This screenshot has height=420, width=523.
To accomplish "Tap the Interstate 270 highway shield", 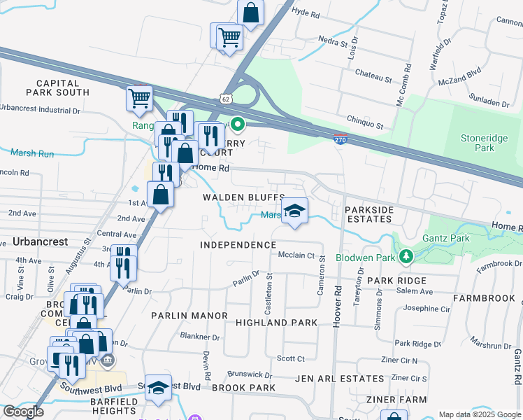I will pos(340,140).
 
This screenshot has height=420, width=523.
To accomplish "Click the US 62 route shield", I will pos(225,99).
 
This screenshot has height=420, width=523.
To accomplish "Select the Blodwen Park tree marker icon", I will pos(405,257).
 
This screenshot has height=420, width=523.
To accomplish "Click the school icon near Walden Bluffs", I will pos(295,211).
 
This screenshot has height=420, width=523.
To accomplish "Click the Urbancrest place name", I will pos(40,241).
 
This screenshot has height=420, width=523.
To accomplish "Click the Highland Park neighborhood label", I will pos(276,323).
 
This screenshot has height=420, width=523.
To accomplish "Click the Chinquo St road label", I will pos(365,126).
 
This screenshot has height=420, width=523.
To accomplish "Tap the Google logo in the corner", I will pos(23,412).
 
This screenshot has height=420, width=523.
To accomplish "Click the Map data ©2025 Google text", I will pos(479,414).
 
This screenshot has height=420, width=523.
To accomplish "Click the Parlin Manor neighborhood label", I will pos(189,316).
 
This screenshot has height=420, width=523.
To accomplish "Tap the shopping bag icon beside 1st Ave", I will pos(161,195).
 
